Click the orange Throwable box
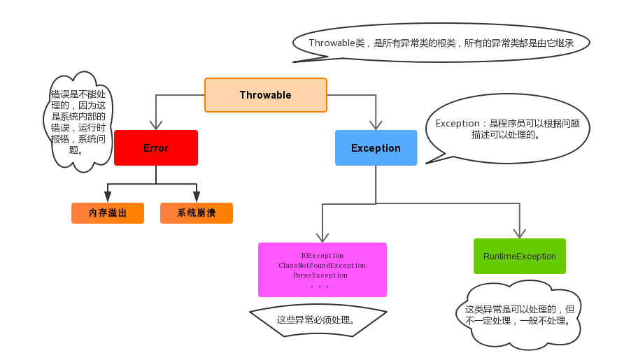click(265, 95)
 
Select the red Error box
click(155, 148)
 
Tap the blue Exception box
click(376, 148)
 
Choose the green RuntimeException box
click(519, 257)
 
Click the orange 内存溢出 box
click(108, 213)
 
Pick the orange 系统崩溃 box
click(196, 213)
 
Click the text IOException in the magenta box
click(322, 256)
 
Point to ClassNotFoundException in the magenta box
click(322, 266)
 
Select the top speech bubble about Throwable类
click(441, 43)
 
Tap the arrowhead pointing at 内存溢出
click(108, 197)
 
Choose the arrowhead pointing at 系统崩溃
click(197, 197)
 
